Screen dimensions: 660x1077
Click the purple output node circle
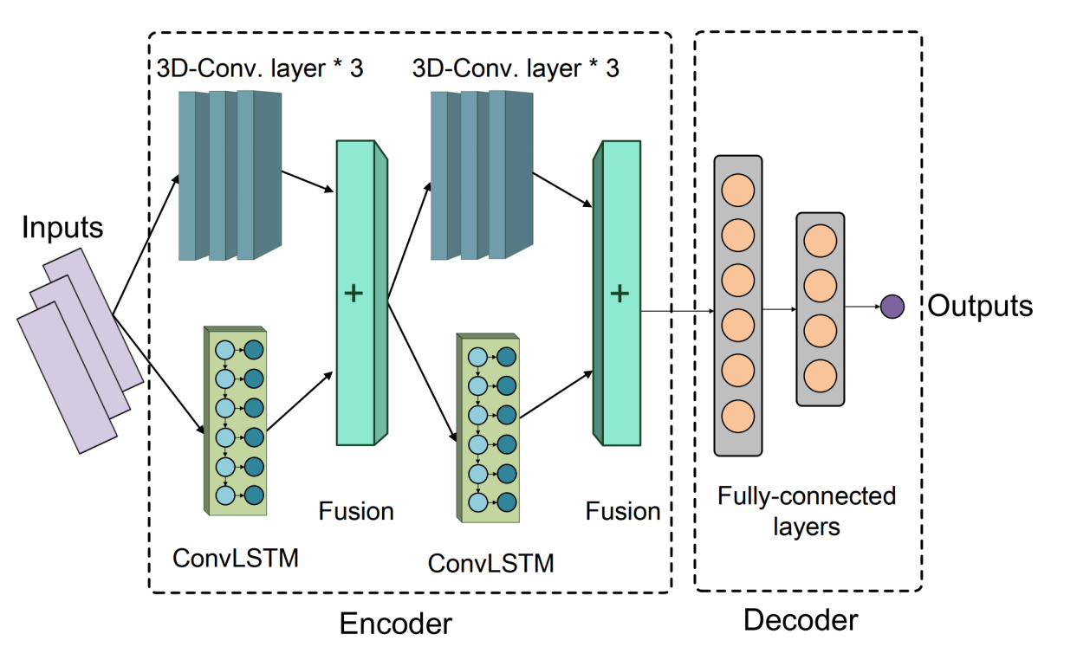tap(892, 307)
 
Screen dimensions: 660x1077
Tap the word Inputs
tap(62, 228)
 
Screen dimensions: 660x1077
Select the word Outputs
tap(980, 306)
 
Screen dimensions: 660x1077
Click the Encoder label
tap(395, 623)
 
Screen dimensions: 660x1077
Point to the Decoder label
tap(801, 619)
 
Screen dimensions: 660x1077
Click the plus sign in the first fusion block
tap(354, 294)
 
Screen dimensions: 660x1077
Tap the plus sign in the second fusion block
tap(619, 294)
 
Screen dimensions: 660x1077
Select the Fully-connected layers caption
tap(806, 510)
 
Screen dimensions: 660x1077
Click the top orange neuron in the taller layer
tap(737, 190)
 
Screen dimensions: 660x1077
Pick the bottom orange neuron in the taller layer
tap(737, 415)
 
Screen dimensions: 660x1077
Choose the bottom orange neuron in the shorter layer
tap(820, 375)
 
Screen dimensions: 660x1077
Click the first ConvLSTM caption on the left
tap(235, 557)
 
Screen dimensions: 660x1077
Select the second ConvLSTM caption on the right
tap(490, 563)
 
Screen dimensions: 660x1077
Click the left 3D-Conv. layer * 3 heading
tap(260, 68)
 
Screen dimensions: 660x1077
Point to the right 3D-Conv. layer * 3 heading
tap(516, 68)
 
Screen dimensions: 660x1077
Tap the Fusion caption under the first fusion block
tap(356, 511)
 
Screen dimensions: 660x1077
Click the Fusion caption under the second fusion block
tap(623, 511)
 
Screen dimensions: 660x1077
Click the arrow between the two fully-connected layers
tap(779, 308)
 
